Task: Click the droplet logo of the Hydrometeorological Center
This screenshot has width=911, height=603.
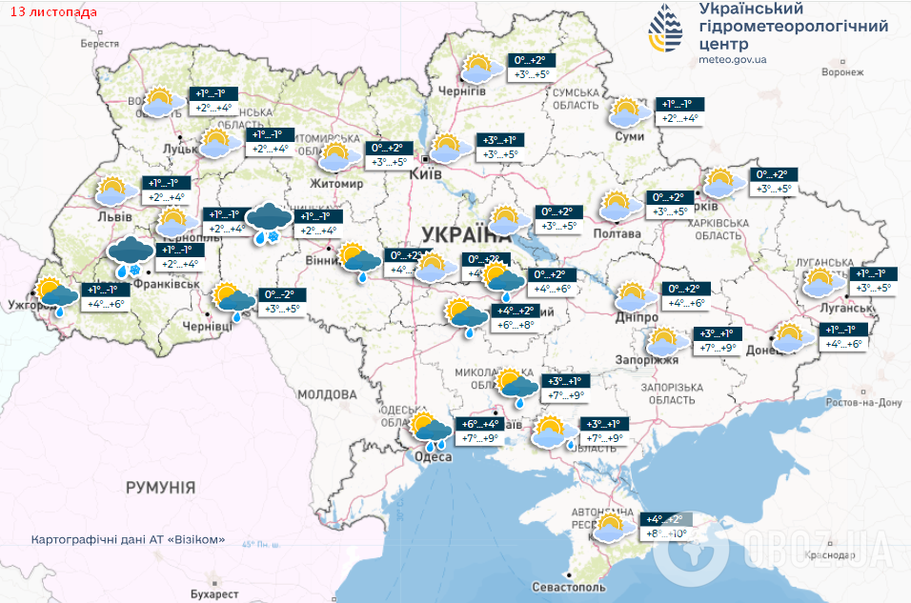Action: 666,30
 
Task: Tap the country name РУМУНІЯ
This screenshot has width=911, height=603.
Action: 160,487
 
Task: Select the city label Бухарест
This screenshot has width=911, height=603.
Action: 213,593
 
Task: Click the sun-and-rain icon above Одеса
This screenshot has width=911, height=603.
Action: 430,431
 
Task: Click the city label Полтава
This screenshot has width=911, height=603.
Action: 617,233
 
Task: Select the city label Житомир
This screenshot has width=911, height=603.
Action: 337,184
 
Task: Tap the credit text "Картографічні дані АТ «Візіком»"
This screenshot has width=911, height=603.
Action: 129,539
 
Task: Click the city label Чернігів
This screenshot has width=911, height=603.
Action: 462,90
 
